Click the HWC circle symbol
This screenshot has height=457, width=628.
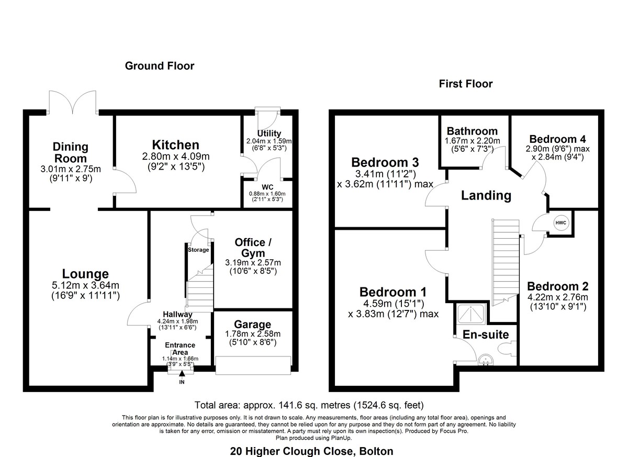click(x=560, y=223)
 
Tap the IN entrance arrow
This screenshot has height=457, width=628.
click(x=182, y=373)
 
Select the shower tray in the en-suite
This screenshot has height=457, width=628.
click(x=471, y=314)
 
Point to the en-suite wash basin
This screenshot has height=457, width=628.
click(x=486, y=360)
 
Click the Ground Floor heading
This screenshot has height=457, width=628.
click(x=160, y=66)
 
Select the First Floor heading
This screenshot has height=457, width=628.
click(x=466, y=84)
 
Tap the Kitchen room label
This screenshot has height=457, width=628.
click(x=176, y=145)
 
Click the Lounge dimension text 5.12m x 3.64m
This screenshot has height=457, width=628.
click(x=85, y=285)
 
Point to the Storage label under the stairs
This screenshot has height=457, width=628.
click(x=198, y=250)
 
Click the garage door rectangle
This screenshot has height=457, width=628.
click(x=253, y=365)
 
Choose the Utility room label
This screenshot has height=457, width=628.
click(x=269, y=133)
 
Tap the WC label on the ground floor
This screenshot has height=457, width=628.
click(x=267, y=187)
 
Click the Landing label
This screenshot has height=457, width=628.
click(x=486, y=195)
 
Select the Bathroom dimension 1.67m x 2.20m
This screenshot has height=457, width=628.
click(x=473, y=141)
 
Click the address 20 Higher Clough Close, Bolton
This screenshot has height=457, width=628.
click(x=312, y=451)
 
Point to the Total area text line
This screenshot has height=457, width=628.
click(x=309, y=405)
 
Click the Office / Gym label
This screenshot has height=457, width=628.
click(x=253, y=248)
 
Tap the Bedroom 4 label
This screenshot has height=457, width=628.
click(x=557, y=139)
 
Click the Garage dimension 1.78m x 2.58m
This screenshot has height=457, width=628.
click(x=253, y=334)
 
